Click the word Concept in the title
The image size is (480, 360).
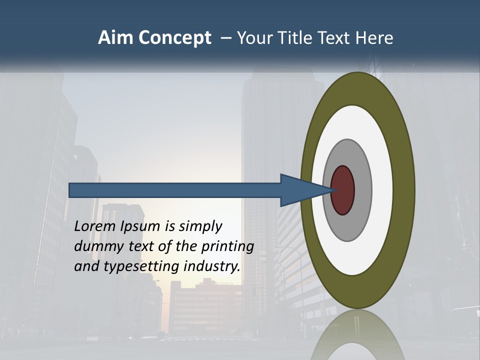click(174, 38)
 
